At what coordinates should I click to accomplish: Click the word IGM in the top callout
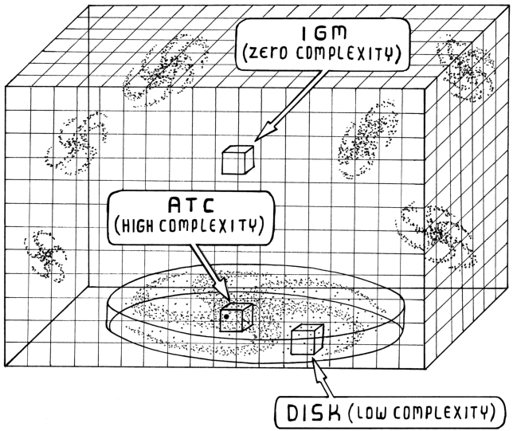pyautogui.click(x=323, y=33)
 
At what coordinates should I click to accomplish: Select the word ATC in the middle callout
pyautogui.click(x=191, y=205)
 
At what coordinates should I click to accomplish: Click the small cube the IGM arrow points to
pyautogui.click(x=238, y=160)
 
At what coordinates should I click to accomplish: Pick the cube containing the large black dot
pyautogui.click(x=236, y=317)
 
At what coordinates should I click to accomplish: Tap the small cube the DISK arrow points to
pyautogui.click(x=307, y=339)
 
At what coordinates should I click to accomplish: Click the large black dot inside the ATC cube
pyautogui.click(x=226, y=316)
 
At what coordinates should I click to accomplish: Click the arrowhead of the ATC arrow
pyautogui.click(x=224, y=289)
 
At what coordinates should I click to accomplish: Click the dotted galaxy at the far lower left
pyautogui.click(x=45, y=256)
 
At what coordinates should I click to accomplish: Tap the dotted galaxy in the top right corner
pyautogui.click(x=466, y=70)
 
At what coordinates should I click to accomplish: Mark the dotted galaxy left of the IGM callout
pyautogui.click(x=166, y=69)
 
